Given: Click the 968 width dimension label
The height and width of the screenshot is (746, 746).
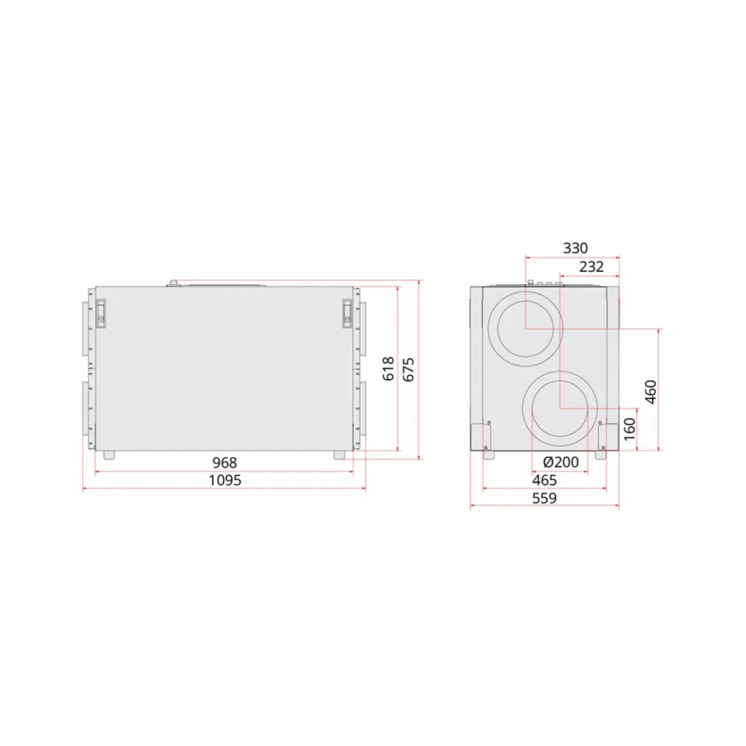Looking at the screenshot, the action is click(x=224, y=463).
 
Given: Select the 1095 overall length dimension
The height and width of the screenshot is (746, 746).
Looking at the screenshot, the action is click(x=224, y=481).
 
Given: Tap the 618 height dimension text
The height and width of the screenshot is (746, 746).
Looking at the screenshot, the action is click(x=389, y=369).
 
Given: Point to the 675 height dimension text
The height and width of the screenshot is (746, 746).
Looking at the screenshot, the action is click(x=408, y=369).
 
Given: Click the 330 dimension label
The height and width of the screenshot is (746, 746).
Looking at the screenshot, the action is click(x=575, y=248).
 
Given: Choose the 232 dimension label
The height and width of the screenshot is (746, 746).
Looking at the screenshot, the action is click(x=591, y=267).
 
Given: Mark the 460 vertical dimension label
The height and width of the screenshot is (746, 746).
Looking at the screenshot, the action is click(x=652, y=392).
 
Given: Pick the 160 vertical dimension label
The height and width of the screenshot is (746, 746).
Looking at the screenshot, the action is click(x=630, y=428).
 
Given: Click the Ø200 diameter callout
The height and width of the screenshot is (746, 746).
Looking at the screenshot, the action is click(x=561, y=462).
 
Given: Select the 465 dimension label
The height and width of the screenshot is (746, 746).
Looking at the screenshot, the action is click(x=545, y=480).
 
